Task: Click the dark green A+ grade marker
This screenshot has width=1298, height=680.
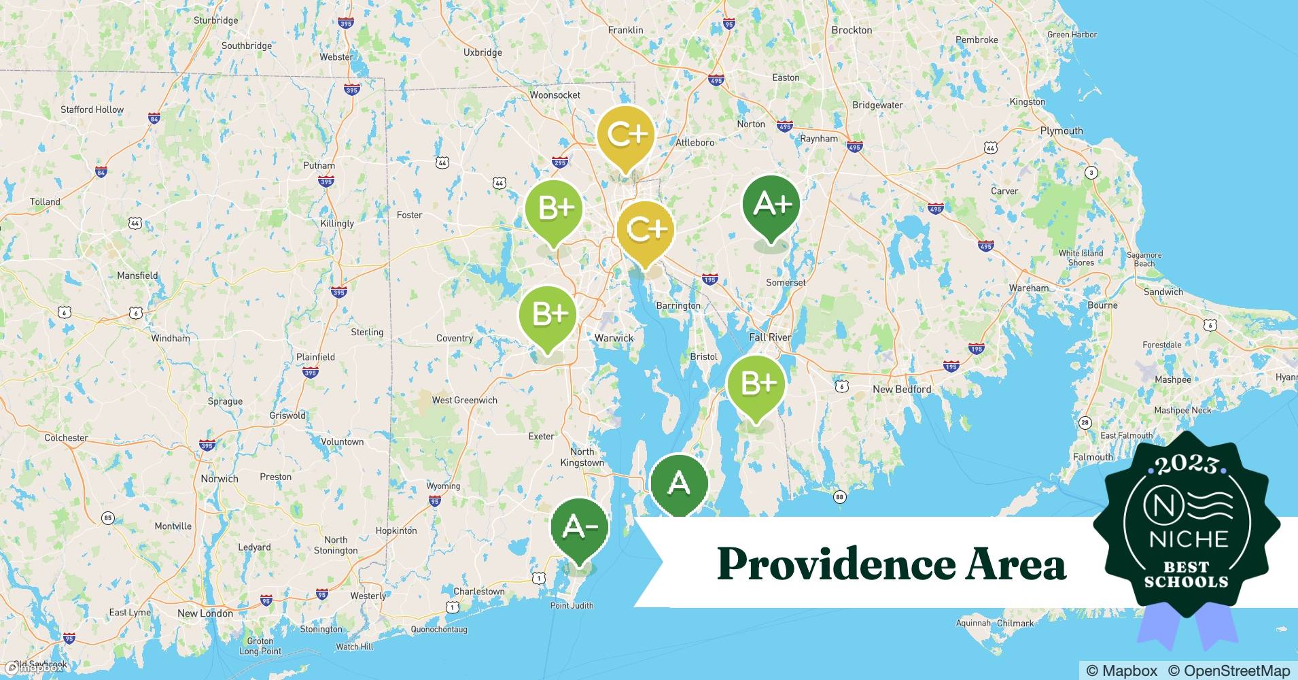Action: [x=771, y=204]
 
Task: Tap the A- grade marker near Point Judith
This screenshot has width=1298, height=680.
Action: [x=579, y=528]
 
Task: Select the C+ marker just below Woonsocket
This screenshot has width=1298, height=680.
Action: [x=625, y=135]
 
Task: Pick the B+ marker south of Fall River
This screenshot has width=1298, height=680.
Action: [x=756, y=384]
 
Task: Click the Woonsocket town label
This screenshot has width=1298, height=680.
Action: [x=555, y=95]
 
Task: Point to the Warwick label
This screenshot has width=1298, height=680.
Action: [x=614, y=338]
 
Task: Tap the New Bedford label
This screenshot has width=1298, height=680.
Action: [x=902, y=389]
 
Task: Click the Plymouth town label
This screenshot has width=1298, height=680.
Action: [x=1061, y=131]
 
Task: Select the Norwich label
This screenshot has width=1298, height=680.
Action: [x=219, y=478]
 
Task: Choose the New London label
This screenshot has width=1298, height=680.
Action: [x=205, y=613]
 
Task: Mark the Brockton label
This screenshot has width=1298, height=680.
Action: [x=852, y=30]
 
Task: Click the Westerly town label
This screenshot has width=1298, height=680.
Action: [x=368, y=596]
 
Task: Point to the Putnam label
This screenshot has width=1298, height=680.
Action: [x=319, y=165]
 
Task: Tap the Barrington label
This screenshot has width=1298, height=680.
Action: [x=678, y=305]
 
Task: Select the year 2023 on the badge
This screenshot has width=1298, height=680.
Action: [x=1187, y=465]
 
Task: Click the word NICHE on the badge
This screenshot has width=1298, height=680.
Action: [x=1189, y=540]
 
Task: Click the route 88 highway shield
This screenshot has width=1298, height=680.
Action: [x=839, y=497]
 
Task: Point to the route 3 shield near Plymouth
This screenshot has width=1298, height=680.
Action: [x=1091, y=173]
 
